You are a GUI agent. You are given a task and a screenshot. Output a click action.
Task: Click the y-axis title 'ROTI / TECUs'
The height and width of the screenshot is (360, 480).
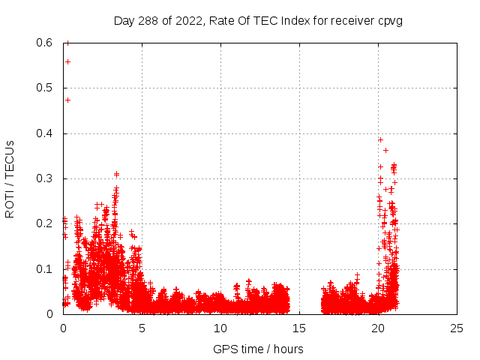(x=10, y=178)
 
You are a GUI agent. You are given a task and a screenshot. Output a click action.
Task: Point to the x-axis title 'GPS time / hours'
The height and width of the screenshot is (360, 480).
(x=259, y=349)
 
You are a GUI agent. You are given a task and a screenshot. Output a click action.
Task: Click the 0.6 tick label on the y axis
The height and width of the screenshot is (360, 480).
(x=44, y=43)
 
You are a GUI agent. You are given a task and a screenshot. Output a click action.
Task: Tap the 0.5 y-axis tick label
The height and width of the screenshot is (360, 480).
(x=44, y=88)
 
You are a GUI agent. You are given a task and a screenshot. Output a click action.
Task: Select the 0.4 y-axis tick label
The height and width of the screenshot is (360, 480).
(x=44, y=133)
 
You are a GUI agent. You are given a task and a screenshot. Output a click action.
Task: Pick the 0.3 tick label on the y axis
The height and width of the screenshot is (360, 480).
(x=44, y=178)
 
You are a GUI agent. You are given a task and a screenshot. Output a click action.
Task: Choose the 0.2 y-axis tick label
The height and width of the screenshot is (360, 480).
(x=44, y=223)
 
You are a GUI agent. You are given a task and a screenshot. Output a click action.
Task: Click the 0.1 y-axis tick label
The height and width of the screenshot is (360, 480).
(x=44, y=269)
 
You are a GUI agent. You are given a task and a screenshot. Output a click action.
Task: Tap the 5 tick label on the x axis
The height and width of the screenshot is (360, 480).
(x=142, y=328)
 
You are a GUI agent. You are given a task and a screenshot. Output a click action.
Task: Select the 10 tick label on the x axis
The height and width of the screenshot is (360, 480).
(x=220, y=328)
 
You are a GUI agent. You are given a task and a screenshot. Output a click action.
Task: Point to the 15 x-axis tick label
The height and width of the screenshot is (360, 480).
(x=299, y=328)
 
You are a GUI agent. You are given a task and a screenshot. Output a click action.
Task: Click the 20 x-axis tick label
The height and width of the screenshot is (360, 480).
(x=378, y=328)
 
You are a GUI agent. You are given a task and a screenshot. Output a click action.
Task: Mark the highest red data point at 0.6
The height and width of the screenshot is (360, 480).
(x=67, y=43)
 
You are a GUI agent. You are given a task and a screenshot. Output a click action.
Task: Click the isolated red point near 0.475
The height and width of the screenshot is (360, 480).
(x=67, y=100)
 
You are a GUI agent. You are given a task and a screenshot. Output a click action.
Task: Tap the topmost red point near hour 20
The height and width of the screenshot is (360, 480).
(x=380, y=139)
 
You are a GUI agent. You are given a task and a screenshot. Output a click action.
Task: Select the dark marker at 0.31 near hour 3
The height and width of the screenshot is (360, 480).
(x=116, y=174)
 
